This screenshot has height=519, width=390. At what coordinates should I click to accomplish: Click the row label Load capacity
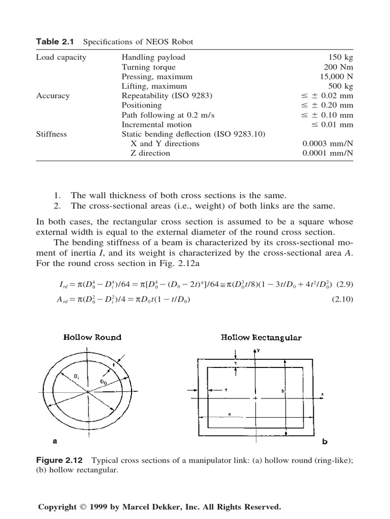(61, 57)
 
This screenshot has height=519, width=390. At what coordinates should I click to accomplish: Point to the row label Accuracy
(53, 96)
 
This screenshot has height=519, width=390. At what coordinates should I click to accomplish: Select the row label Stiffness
(51, 134)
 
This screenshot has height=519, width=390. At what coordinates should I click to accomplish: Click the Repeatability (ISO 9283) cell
(167, 96)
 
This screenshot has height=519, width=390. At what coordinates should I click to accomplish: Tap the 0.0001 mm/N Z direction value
(328, 153)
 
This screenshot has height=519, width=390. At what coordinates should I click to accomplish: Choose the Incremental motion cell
(156, 125)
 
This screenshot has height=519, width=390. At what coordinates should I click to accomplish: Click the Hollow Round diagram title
(92, 338)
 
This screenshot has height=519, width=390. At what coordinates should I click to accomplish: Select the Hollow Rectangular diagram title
(261, 338)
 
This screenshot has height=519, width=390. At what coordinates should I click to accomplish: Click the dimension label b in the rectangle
(282, 391)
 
